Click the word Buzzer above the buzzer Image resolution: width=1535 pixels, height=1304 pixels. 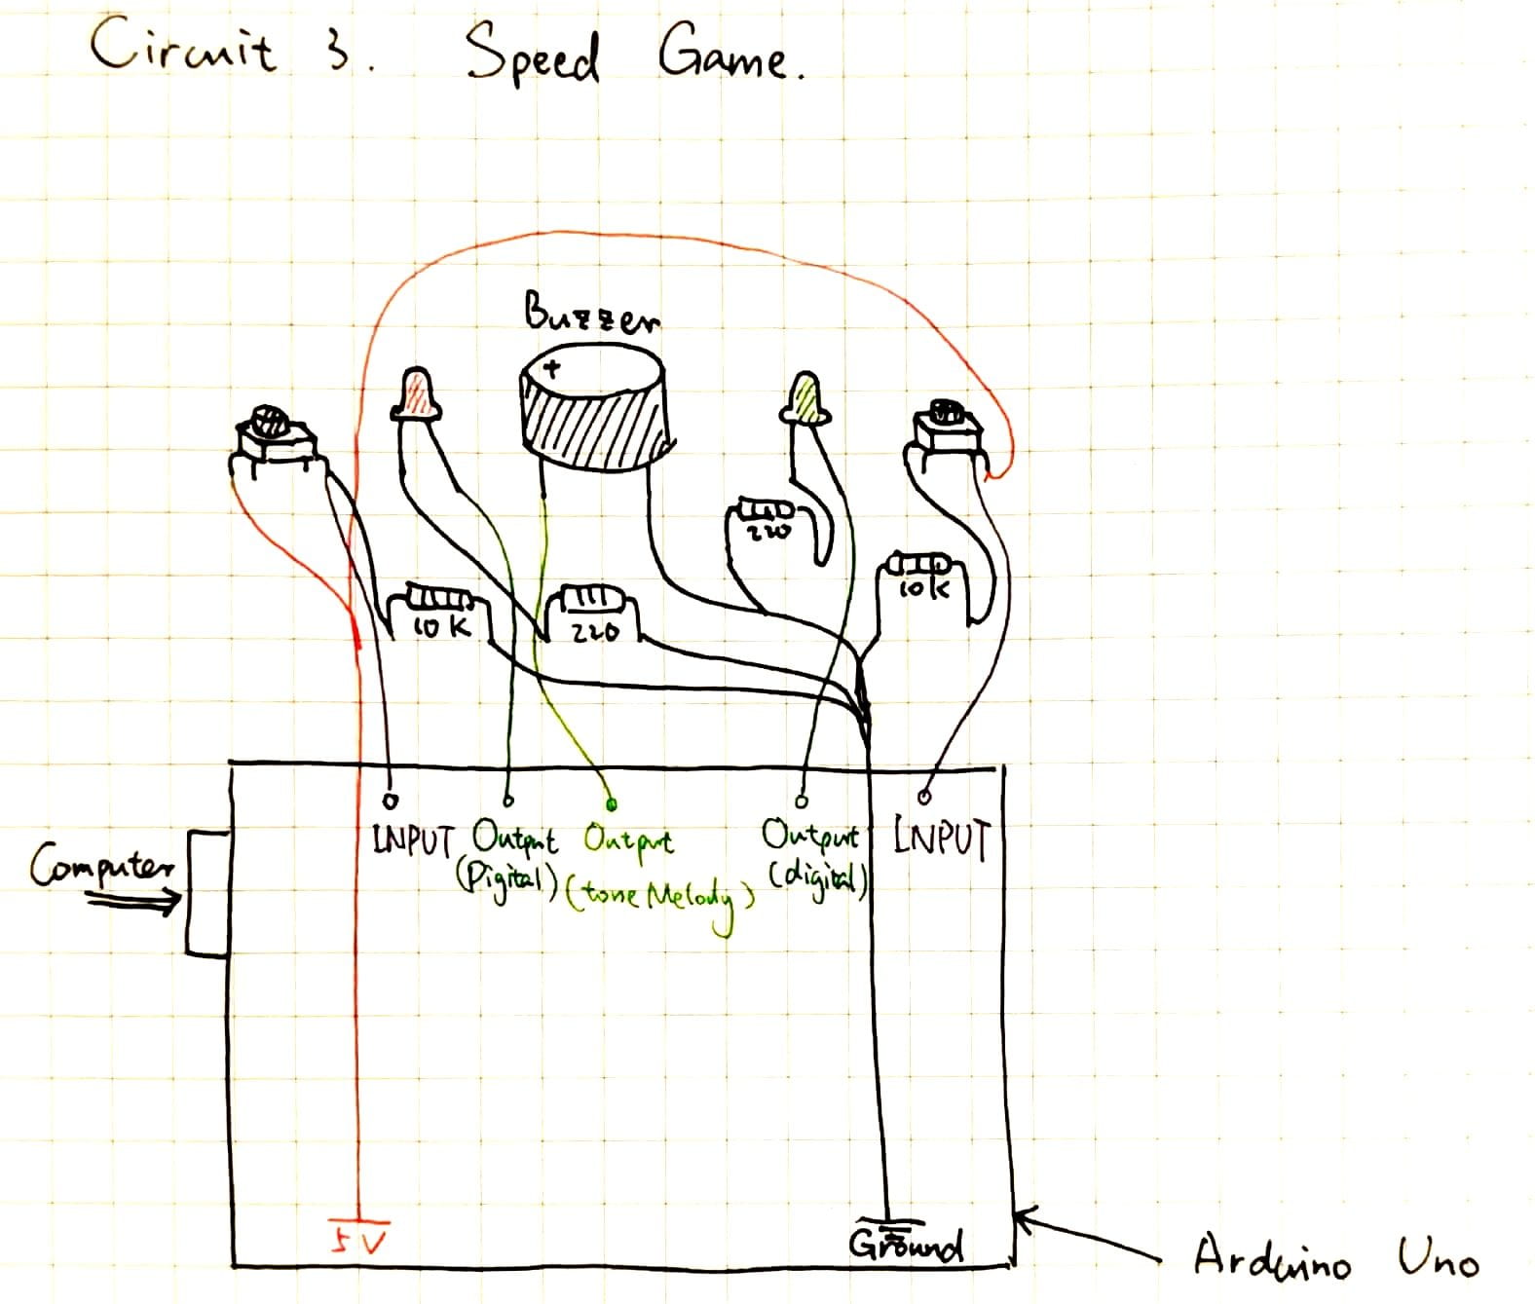(x=592, y=314)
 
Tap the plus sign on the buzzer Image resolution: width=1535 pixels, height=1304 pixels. (x=552, y=369)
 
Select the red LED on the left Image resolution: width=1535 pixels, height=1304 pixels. (x=417, y=396)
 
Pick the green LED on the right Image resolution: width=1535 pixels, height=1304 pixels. (x=805, y=397)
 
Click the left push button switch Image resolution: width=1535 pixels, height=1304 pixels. (x=273, y=438)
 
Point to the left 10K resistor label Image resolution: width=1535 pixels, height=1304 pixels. (x=442, y=628)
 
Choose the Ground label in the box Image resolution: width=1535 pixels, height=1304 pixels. (x=906, y=1244)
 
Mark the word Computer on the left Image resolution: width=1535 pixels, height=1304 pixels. (x=102, y=866)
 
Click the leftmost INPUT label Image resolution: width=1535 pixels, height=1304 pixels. (x=413, y=840)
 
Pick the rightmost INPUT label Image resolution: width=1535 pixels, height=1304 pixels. (x=942, y=839)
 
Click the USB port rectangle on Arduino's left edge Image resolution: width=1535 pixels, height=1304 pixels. (x=208, y=893)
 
